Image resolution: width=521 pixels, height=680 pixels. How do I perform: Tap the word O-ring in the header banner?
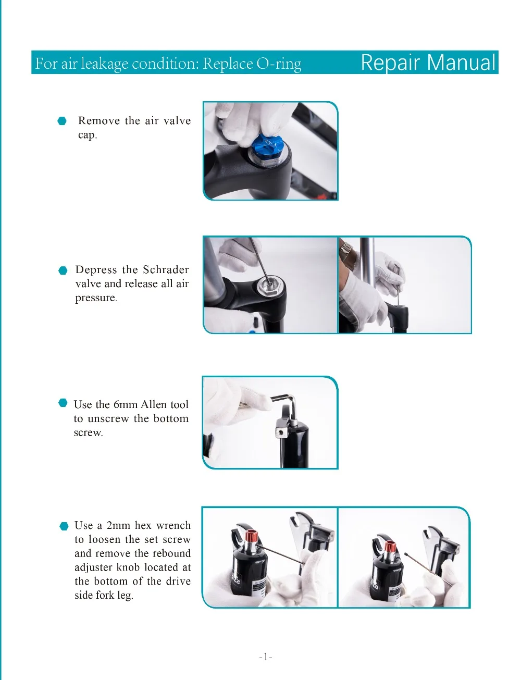coord(279,64)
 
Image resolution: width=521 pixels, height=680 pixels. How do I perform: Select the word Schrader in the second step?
coord(166,269)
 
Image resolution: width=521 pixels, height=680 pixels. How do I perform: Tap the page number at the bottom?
coord(265,657)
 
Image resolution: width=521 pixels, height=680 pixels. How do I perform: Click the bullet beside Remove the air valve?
coord(62,121)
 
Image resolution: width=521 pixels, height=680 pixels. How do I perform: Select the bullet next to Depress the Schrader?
coord(63,270)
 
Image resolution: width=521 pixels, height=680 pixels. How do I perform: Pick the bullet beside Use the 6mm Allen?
coord(63,403)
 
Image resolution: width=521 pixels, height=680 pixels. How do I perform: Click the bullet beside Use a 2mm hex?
coord(64,526)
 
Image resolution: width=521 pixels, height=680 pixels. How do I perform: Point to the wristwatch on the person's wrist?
coord(345,249)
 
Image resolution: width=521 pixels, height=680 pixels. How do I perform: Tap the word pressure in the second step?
coord(96,298)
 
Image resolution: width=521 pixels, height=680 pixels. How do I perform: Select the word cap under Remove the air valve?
coord(88,135)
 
